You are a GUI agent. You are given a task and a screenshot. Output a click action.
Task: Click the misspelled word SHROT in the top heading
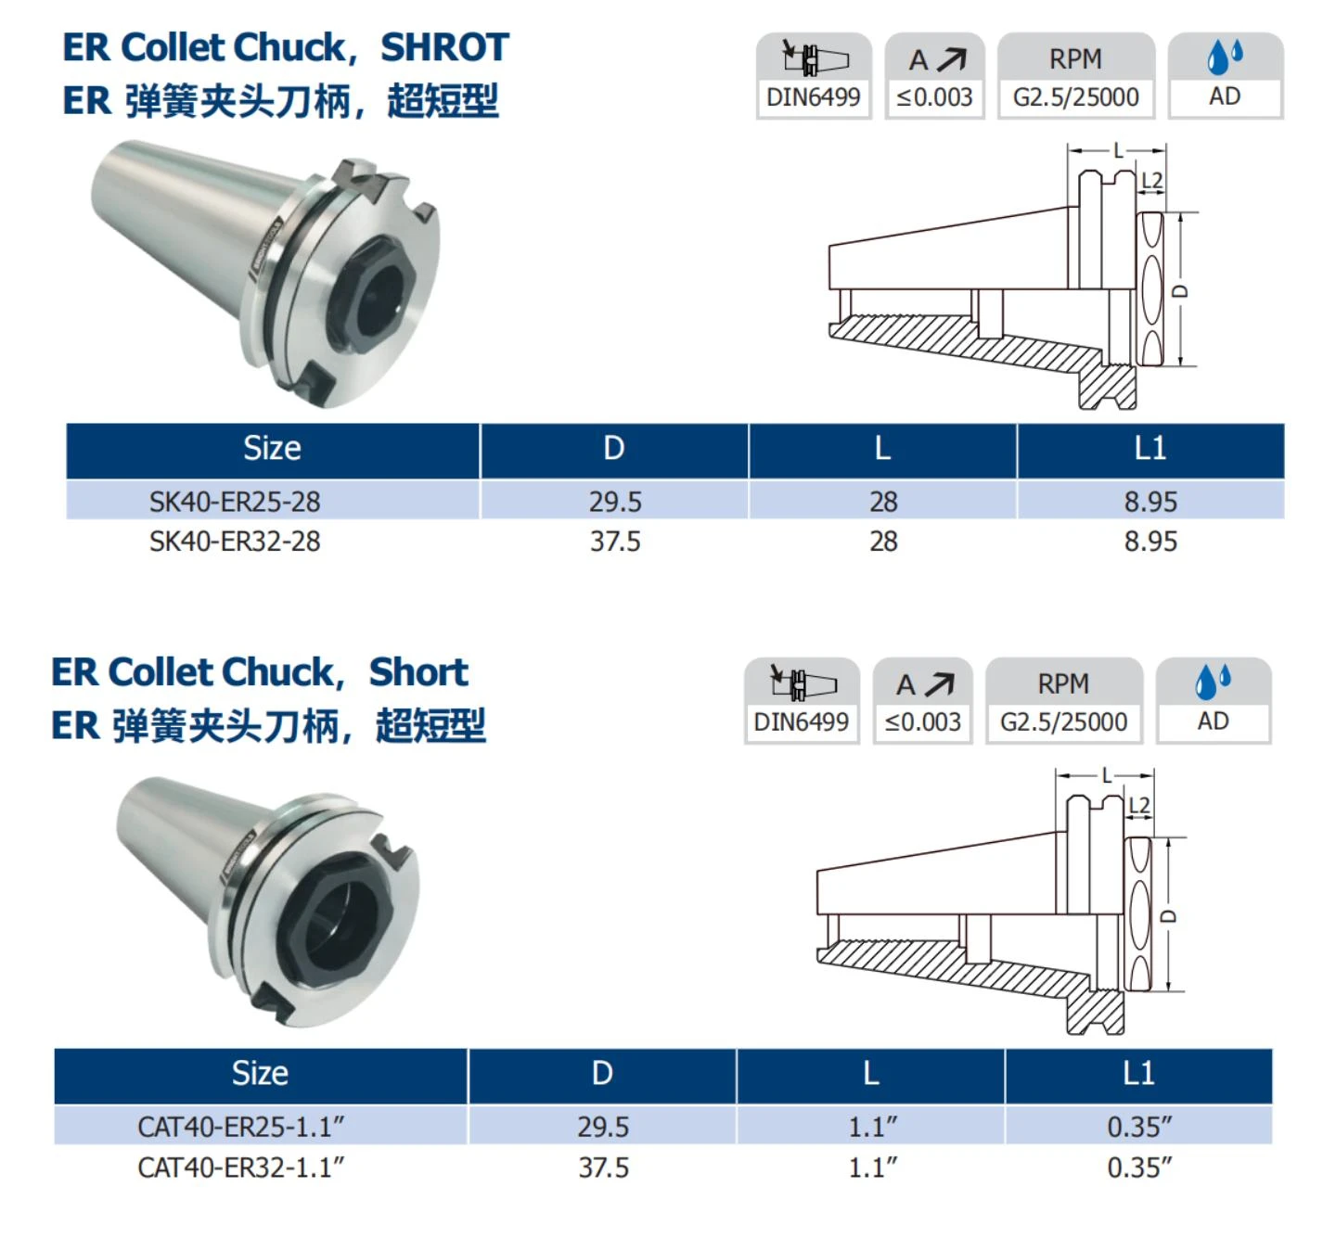[444, 47]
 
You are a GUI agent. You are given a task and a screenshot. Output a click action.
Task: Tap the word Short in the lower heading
[418, 672]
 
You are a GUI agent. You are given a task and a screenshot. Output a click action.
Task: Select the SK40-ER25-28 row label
[235, 502]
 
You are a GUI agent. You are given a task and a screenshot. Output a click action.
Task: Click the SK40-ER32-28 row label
[235, 542]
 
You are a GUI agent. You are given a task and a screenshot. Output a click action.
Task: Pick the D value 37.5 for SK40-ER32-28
[615, 542]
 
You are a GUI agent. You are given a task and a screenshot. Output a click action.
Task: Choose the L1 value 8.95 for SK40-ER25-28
[1150, 502]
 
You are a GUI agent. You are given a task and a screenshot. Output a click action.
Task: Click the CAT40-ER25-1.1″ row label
[241, 1127]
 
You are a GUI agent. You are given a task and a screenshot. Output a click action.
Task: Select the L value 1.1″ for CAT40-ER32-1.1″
[873, 1167]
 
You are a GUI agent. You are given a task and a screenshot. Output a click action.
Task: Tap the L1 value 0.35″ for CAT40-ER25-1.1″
[1139, 1127]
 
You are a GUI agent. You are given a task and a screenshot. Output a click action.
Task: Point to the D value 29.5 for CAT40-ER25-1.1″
[603, 1127]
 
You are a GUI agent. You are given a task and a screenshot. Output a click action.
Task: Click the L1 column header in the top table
[1150, 448]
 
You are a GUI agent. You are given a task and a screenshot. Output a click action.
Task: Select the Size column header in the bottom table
[260, 1074]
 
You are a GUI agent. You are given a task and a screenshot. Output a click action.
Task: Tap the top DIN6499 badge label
[813, 97]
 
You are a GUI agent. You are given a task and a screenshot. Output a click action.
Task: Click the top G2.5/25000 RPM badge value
[1076, 97]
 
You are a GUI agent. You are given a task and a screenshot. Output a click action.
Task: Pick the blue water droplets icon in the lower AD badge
[1214, 682]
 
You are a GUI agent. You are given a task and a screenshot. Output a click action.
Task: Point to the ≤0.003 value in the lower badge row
[922, 721]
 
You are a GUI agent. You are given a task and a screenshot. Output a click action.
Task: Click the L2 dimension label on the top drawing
[1151, 180]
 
